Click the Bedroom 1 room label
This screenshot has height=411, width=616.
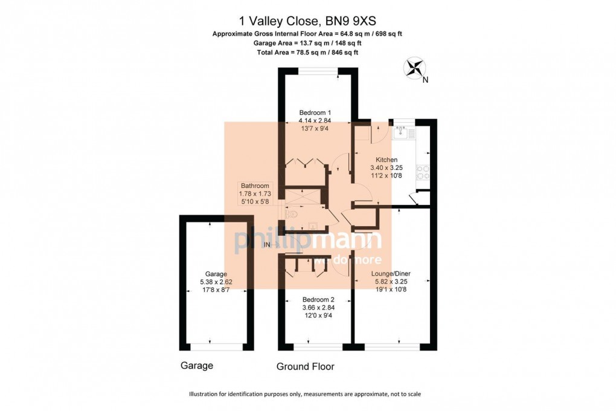click(x=315, y=112)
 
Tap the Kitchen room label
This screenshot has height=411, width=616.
click(x=383, y=160)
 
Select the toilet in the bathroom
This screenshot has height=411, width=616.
click(x=292, y=214)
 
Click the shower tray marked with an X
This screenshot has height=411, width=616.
click(x=303, y=196)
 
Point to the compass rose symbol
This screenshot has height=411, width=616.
click(x=414, y=67)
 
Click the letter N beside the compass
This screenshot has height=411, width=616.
click(x=425, y=80)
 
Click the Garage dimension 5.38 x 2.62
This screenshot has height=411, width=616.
click(x=216, y=281)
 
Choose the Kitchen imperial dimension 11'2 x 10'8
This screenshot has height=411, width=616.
click(x=383, y=176)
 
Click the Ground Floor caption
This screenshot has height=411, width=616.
click(x=305, y=366)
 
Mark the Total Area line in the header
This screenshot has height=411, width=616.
click(x=307, y=53)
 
